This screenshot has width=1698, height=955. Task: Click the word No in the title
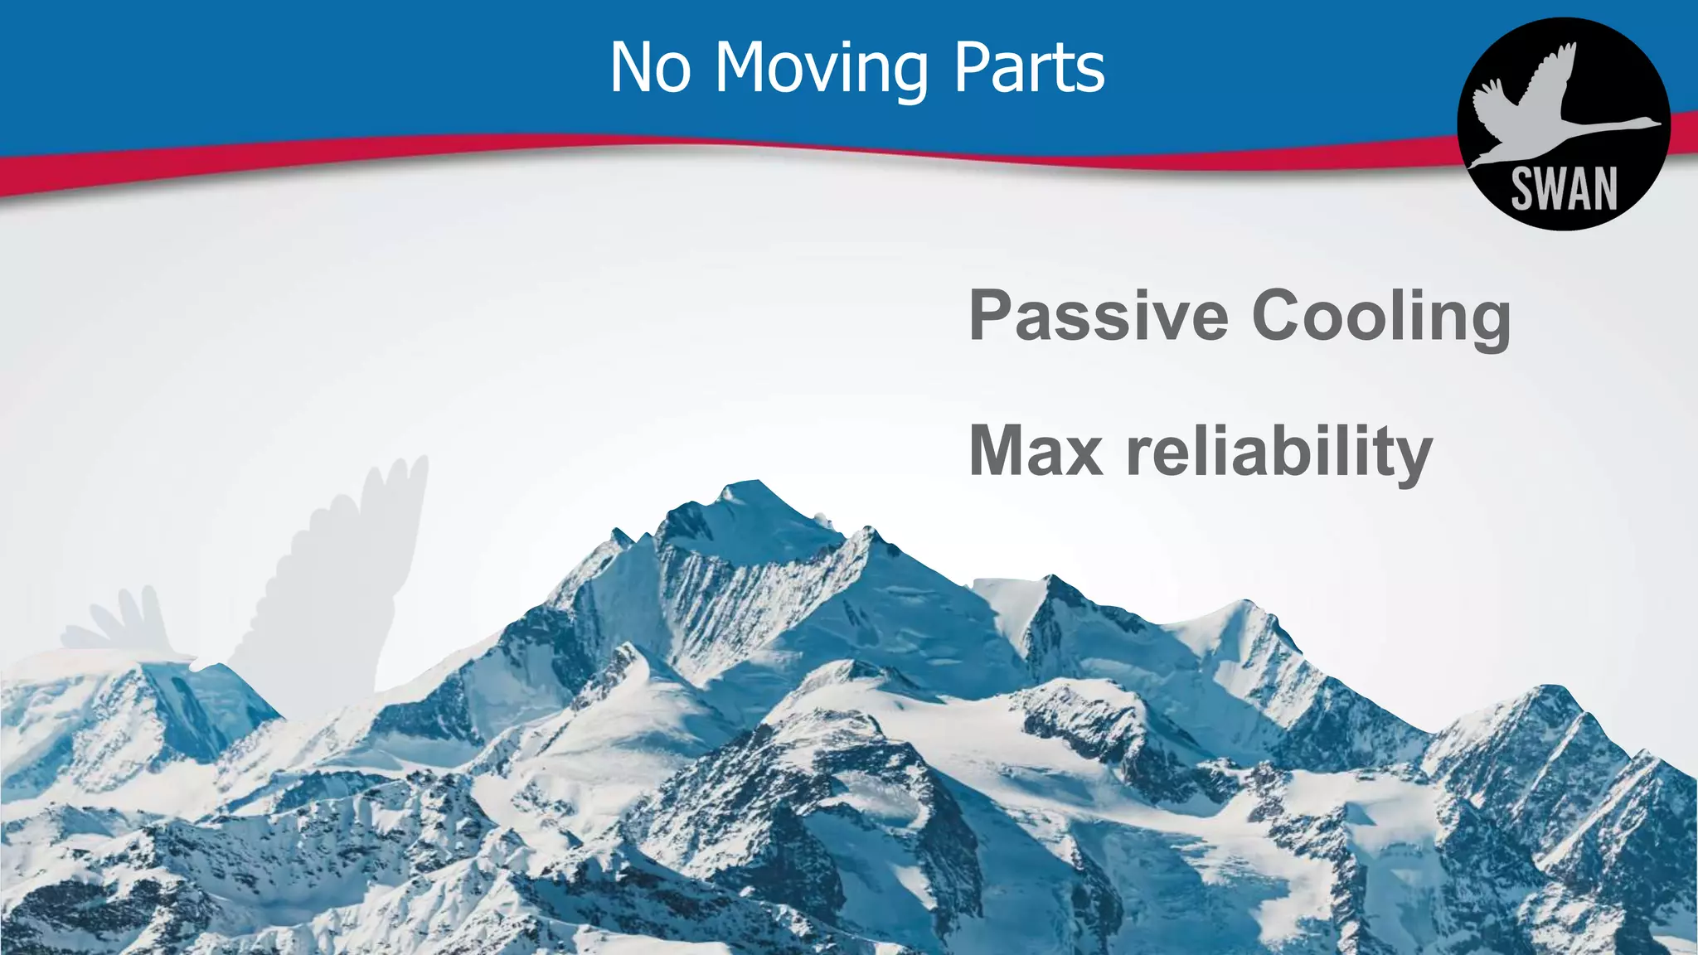point(650,68)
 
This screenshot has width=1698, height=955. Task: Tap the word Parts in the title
point(1029,68)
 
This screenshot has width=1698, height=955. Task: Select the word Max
point(1036,451)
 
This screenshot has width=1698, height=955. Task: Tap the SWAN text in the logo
point(1564,189)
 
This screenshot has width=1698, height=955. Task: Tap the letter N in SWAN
point(1603,189)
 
